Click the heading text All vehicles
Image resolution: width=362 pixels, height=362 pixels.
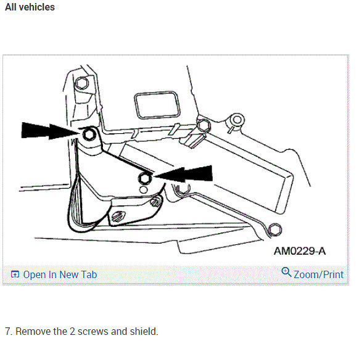coord(30,7)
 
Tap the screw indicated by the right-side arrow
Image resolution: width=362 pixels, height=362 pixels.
coord(145,178)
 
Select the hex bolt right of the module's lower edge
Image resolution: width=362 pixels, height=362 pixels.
coord(203,125)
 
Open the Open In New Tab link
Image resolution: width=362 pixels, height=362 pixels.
coord(60,274)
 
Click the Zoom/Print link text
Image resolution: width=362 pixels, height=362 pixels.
coord(318,274)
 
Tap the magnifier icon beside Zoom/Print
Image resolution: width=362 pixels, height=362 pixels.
coord(286,273)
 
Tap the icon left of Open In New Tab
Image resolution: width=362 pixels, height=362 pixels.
coord(15,274)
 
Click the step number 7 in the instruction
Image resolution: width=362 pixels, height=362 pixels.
coord(7,331)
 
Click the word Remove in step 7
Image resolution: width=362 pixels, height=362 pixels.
coord(33,331)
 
